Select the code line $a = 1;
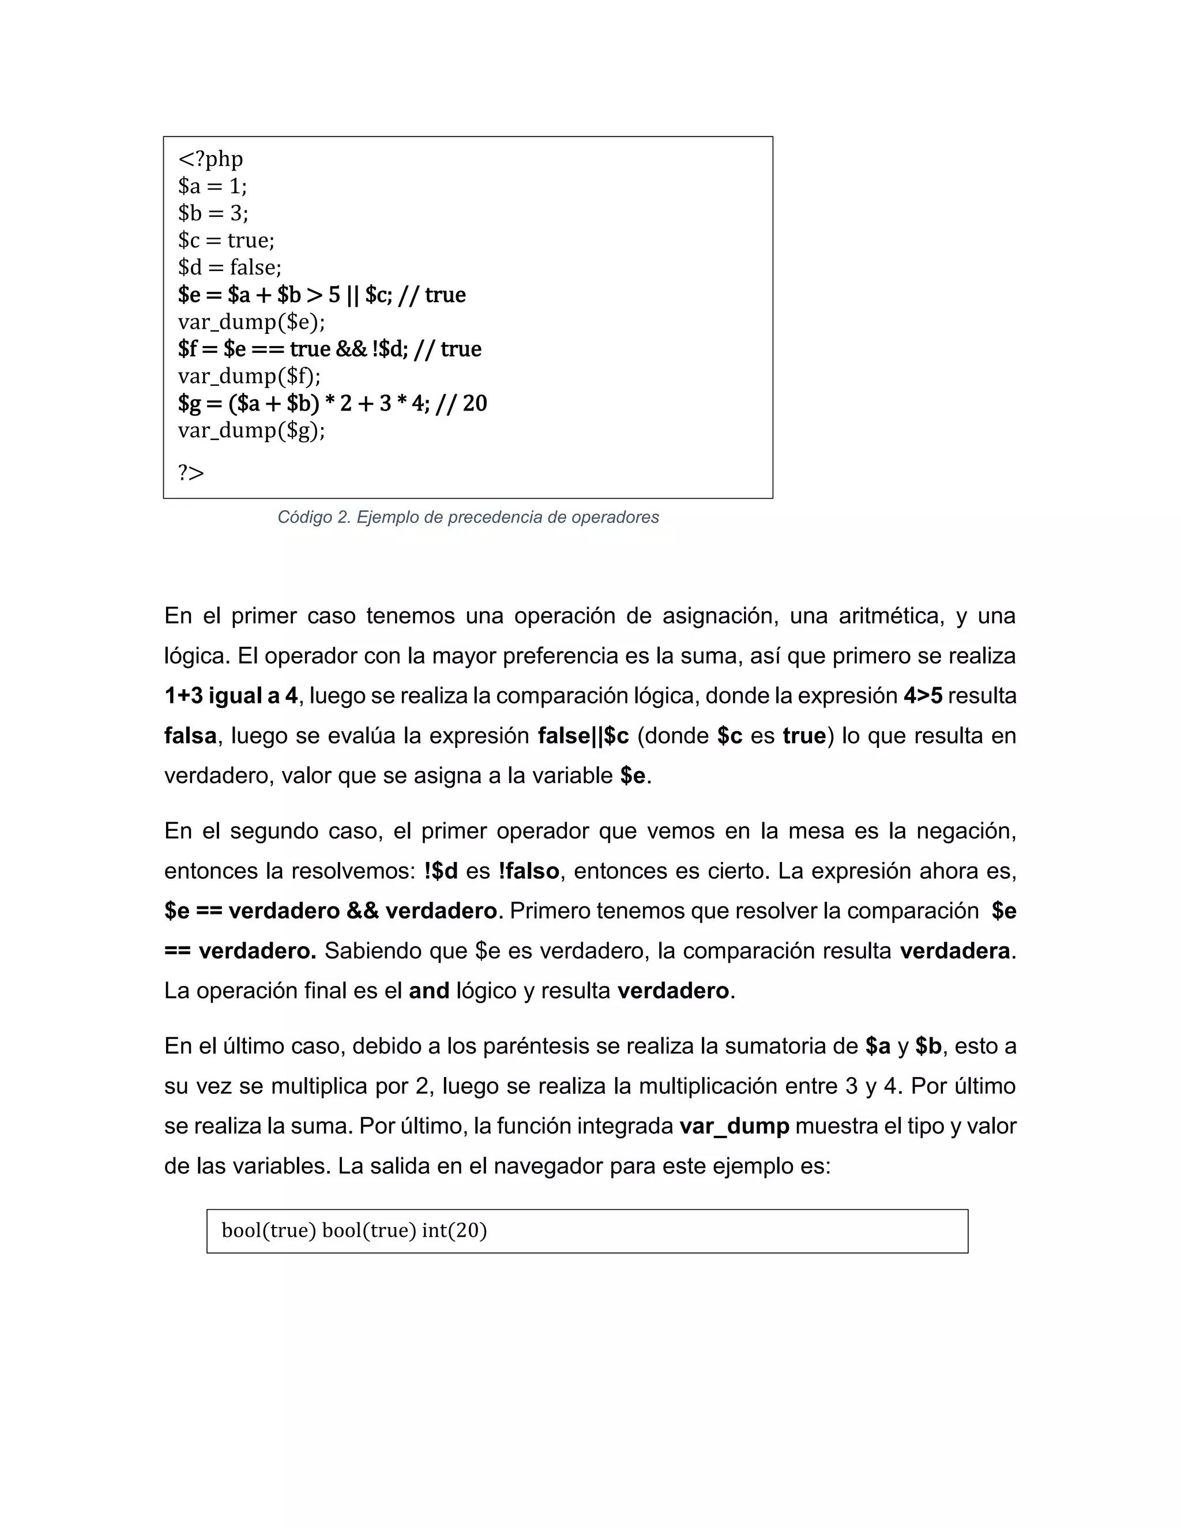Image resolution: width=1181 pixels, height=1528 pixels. click(x=213, y=186)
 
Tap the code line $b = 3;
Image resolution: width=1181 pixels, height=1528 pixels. click(x=213, y=213)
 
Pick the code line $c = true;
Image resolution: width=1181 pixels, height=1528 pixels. click(x=226, y=240)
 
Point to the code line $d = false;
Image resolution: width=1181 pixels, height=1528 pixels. click(x=230, y=268)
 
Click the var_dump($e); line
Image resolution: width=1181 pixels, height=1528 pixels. click(x=251, y=322)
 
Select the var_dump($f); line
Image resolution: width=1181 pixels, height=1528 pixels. click(x=249, y=377)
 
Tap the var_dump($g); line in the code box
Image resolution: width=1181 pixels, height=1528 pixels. click(x=251, y=430)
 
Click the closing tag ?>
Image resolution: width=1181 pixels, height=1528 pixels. click(x=191, y=473)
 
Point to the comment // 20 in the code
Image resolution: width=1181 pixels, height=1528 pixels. click(x=461, y=404)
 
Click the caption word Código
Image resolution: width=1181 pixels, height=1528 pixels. click(x=304, y=518)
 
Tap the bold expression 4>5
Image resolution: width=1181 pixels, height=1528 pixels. click(x=923, y=696)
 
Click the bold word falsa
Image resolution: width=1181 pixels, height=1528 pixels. click(x=190, y=736)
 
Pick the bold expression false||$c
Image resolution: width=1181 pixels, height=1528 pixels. click(x=584, y=736)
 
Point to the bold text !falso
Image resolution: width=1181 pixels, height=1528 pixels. click(x=528, y=871)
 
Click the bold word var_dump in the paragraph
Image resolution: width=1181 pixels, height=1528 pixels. click(x=734, y=1127)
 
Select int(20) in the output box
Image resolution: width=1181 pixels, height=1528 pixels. click(x=454, y=1230)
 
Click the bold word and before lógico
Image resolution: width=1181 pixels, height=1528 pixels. click(x=429, y=991)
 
